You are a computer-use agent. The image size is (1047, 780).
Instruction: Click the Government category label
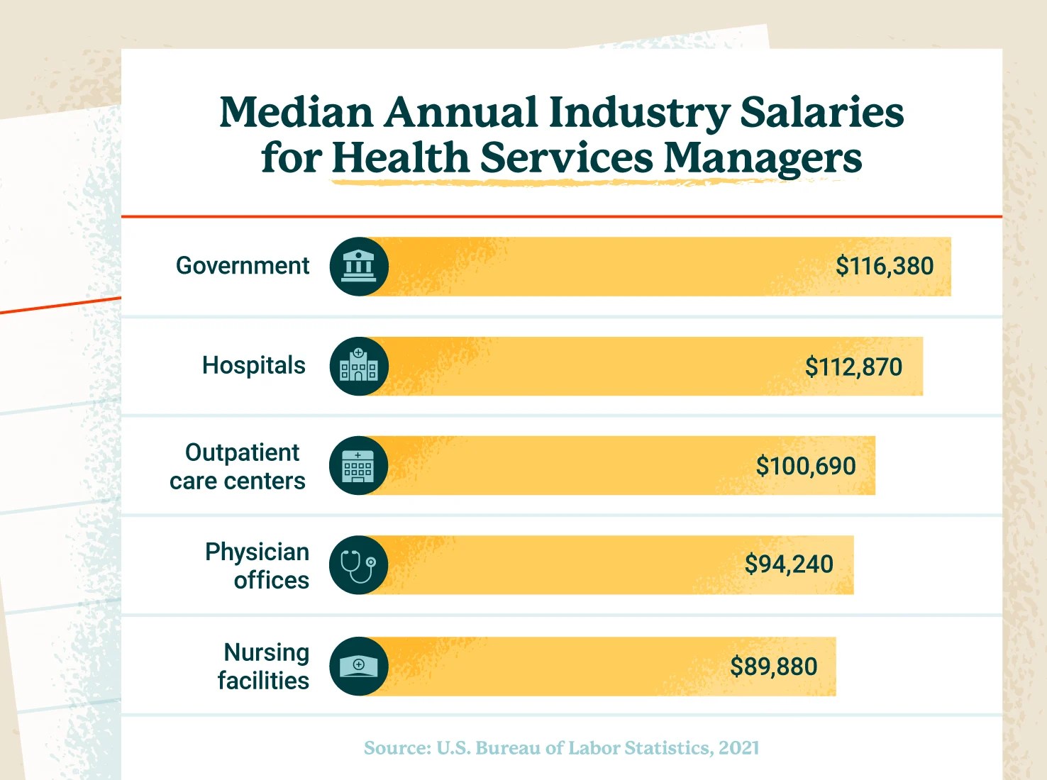[243, 266]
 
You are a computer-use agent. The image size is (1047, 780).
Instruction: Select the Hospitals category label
[253, 366]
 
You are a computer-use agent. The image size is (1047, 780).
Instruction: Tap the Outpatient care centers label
[238, 467]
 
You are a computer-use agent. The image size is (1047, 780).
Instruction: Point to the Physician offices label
[257, 566]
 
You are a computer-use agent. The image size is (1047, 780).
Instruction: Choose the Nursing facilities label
[263, 667]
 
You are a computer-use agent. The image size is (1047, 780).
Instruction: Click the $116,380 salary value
[884, 267]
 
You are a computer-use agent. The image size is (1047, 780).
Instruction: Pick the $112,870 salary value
[853, 367]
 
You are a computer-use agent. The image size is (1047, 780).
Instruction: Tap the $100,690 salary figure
[806, 467]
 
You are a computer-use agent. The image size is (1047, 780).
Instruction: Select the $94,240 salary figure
[789, 564]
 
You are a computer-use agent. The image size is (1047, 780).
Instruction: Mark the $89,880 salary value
[774, 667]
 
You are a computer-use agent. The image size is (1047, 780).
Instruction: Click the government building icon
[359, 267]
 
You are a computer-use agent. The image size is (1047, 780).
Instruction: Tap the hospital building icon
[359, 366]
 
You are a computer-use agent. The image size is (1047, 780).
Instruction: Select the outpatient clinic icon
[358, 466]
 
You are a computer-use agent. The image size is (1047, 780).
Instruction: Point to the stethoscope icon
[358, 565]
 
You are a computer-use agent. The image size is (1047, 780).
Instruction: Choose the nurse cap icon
[359, 666]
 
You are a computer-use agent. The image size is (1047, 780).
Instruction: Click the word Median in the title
[296, 113]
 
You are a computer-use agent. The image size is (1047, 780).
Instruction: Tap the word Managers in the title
[763, 158]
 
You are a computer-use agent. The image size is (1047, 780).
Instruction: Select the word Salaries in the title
[821, 113]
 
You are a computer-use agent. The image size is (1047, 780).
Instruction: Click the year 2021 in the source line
[738, 748]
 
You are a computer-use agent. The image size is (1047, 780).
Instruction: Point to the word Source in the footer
[397, 748]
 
